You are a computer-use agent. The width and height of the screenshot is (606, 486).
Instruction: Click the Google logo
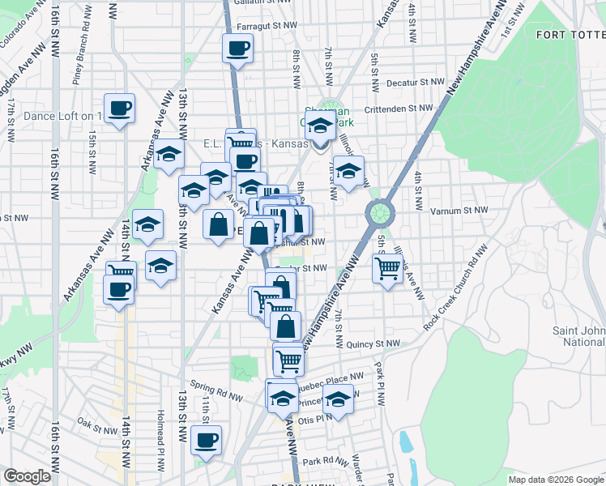27,476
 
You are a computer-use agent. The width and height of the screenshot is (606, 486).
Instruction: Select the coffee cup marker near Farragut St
237,49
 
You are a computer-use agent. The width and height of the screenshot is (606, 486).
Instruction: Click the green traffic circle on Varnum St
378,215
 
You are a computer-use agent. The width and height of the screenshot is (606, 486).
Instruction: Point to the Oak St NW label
94,422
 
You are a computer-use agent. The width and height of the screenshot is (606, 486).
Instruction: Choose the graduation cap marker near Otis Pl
338,398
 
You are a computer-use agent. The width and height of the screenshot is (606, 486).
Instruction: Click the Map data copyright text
555,479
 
